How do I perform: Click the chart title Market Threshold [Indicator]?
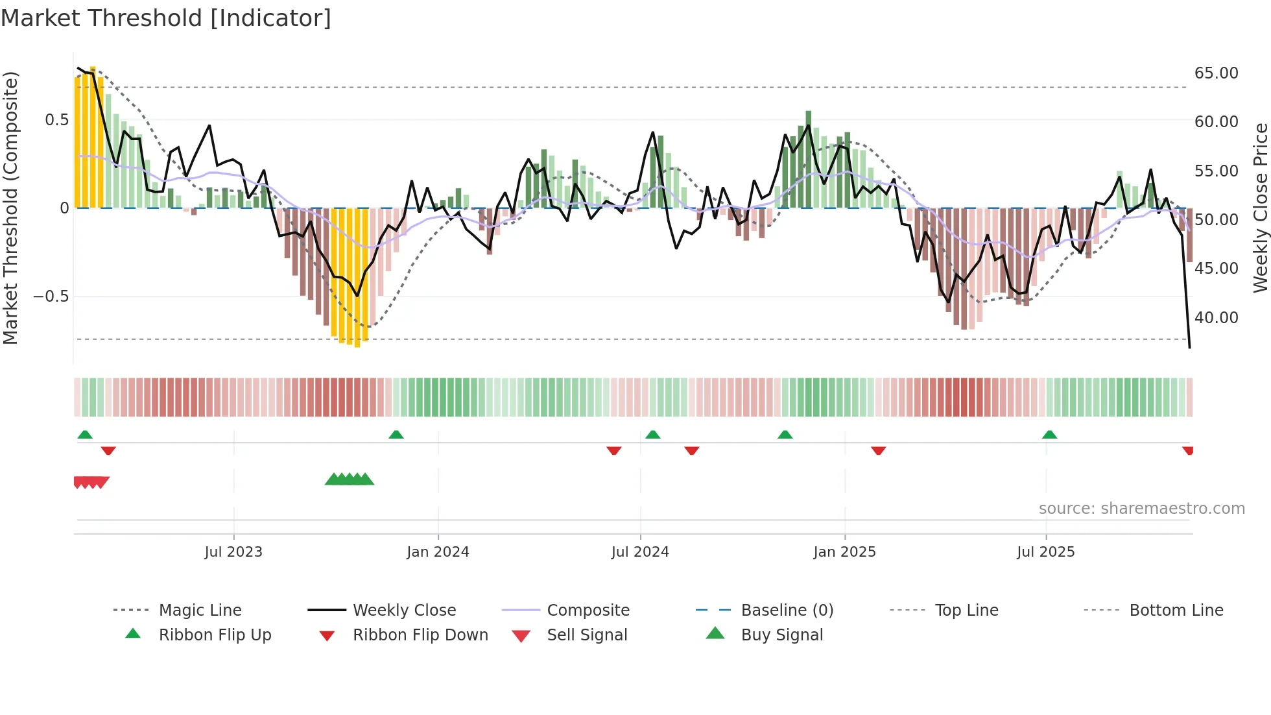[x=166, y=18]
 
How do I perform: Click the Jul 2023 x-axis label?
[x=233, y=552]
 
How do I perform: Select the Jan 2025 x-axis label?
[x=844, y=552]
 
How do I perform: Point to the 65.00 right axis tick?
[x=1216, y=73]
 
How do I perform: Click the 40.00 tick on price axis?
[x=1216, y=318]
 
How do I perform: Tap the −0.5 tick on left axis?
[x=51, y=297]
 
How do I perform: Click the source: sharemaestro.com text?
[x=1141, y=509]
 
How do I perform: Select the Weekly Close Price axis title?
[x=1260, y=208]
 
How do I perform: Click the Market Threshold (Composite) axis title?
[x=10, y=208]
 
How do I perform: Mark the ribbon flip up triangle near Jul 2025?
[x=1049, y=435]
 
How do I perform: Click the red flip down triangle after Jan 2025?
[x=878, y=450]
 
